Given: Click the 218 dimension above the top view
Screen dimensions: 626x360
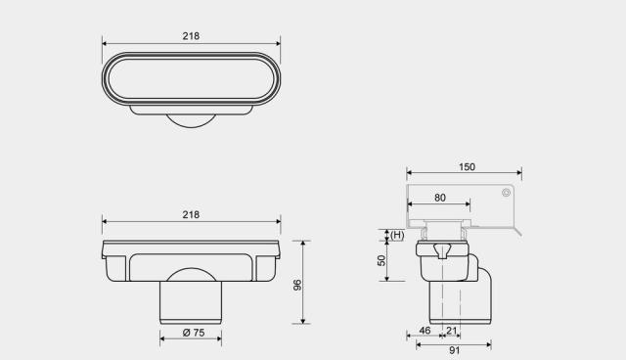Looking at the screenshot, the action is tap(191, 36).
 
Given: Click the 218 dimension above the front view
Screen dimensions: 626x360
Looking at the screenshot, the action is tap(191, 214).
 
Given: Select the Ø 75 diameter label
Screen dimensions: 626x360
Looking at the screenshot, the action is tap(194, 333).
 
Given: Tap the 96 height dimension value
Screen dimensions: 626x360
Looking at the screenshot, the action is tap(297, 285).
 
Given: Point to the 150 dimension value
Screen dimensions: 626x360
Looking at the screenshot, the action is tap(467, 167).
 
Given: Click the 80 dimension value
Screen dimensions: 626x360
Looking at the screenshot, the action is tap(439, 198).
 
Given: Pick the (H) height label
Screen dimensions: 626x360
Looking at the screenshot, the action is tap(397, 235).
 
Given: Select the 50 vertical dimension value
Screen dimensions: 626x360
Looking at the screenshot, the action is tap(381, 260).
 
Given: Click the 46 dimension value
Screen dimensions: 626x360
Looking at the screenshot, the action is tap(425, 331).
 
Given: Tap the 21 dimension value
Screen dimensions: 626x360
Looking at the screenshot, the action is tap(452, 331).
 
